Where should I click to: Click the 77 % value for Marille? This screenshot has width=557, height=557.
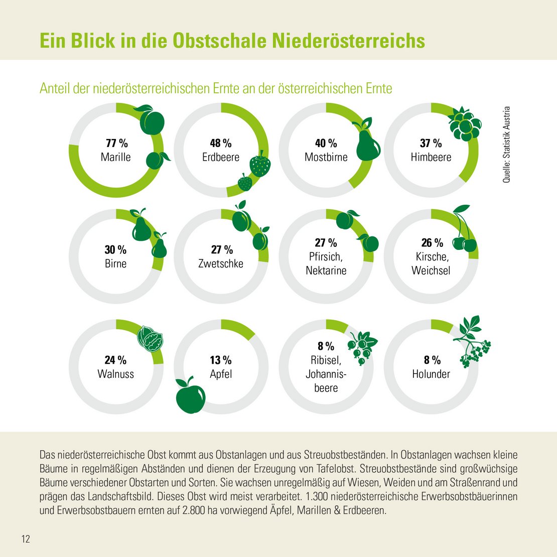tap(116, 144)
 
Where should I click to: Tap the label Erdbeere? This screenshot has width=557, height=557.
tap(221, 157)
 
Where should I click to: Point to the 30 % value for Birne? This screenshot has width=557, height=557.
tap(115, 250)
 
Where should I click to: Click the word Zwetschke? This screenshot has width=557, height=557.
tap(221, 263)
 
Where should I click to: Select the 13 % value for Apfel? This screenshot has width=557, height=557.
tap(221, 360)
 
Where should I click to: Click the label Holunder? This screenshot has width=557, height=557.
tap(431, 374)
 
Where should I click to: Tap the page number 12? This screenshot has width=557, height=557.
tap(26, 539)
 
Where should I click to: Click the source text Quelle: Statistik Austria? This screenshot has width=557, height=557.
tap(506, 144)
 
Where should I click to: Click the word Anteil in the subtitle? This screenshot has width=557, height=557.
tap(56, 88)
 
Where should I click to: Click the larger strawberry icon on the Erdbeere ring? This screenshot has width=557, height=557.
tap(260, 165)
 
